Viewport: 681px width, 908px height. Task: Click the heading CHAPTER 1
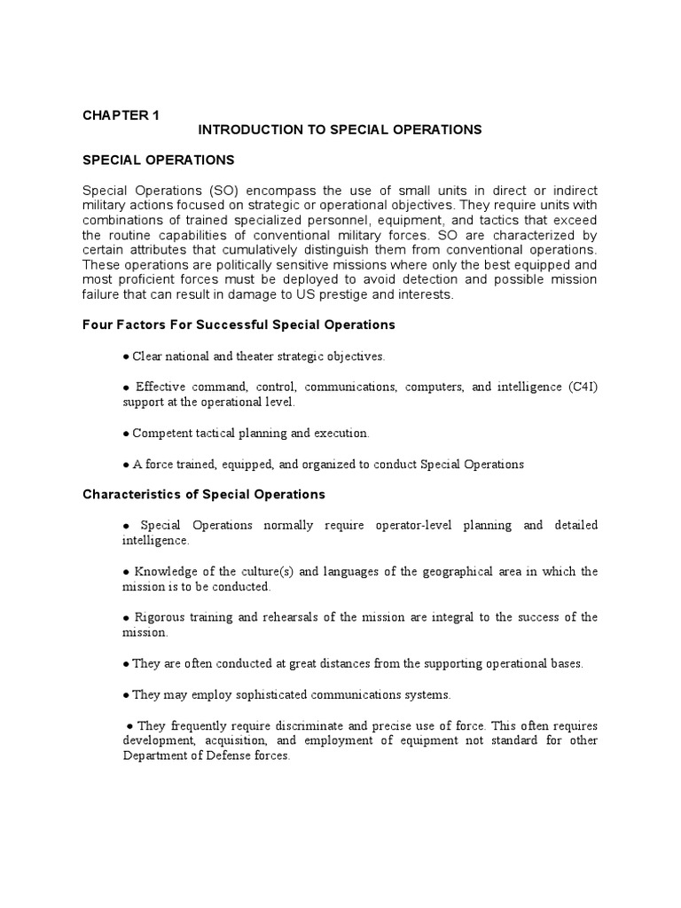[x=121, y=114]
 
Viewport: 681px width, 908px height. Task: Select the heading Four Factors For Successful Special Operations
[x=239, y=325]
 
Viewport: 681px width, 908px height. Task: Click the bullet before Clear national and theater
[x=127, y=356]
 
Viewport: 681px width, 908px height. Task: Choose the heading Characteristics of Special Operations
[x=204, y=494]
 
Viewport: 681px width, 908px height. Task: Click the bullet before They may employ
[x=127, y=693]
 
